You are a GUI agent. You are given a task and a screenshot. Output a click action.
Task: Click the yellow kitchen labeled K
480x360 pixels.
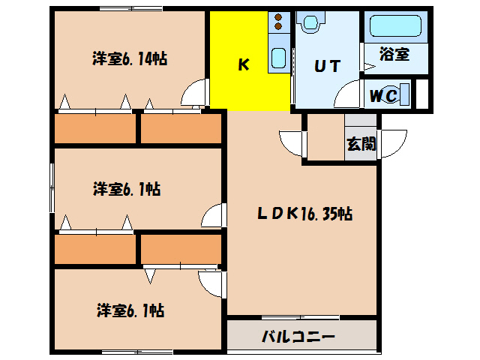pos(243,65)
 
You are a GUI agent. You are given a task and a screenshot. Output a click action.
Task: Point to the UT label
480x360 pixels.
pos(327,65)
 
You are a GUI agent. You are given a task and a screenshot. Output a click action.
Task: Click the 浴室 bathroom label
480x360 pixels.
pos(394,55)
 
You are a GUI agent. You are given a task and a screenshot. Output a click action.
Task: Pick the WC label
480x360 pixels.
pos(384,95)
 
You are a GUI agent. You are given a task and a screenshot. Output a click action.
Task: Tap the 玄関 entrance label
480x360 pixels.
pos(361,143)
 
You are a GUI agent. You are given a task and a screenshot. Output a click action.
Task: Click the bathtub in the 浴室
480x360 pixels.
pos(394,27)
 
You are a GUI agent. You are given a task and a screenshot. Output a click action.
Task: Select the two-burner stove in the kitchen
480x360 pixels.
pos(277,23)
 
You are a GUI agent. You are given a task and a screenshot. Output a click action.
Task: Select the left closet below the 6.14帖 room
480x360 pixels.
pos(94,128)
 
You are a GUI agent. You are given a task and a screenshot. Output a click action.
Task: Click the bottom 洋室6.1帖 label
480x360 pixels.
pos(129,309)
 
